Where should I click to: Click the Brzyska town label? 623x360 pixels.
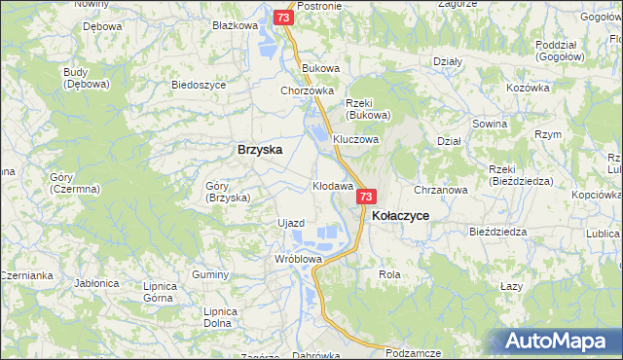tap(260, 150)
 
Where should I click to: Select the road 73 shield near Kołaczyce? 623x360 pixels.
tap(364, 197)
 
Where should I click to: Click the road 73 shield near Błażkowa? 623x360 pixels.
tap(282, 18)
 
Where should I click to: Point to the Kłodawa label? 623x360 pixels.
tap(332, 185)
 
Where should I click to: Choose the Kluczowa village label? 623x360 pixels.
tap(355, 139)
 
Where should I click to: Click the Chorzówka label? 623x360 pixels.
tap(301, 91)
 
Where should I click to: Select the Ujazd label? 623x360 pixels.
tap(291, 223)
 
